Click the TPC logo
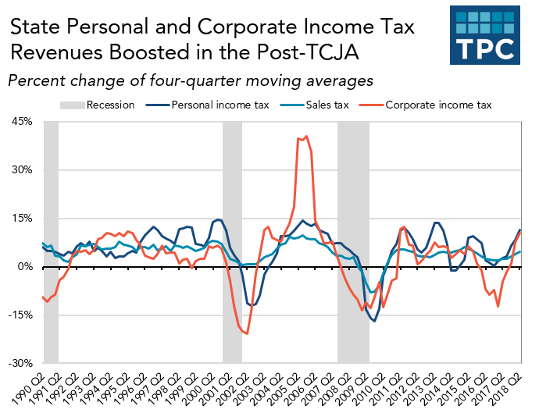(486, 36)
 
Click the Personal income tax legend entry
(205, 105)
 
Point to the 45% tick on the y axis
(22, 122)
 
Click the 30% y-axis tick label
(22, 170)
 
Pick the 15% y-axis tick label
(22, 219)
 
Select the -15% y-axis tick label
(20, 315)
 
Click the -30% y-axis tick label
(20, 364)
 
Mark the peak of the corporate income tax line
(306, 137)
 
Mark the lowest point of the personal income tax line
(374, 321)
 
